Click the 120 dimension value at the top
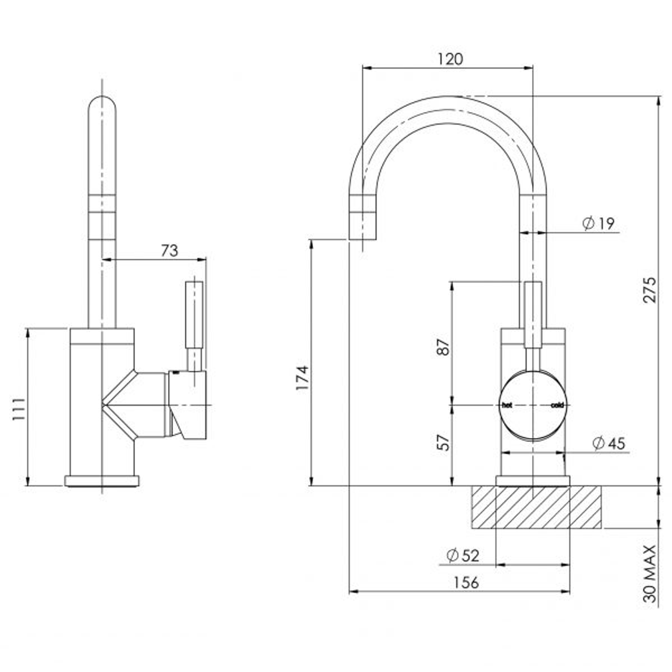449,59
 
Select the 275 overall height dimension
649,289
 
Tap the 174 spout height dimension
302,378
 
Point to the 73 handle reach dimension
169,250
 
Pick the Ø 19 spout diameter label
598,223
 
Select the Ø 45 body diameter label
608,443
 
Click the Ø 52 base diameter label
463,555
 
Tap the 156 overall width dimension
466,582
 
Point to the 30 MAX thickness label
650,573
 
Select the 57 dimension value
442,442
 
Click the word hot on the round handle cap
507,405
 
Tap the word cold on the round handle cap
557,405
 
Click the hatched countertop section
535,507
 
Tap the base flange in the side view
102,480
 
